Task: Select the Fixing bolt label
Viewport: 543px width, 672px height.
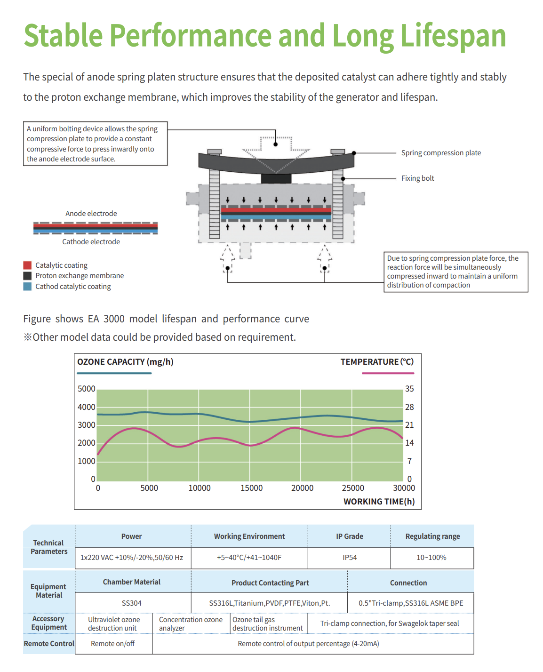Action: (417, 178)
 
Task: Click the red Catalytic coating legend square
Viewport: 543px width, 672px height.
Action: (27, 264)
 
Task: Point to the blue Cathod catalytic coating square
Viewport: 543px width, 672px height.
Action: (27, 286)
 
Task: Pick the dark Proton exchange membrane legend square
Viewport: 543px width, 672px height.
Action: (27, 275)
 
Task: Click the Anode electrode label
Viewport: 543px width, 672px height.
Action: (91, 213)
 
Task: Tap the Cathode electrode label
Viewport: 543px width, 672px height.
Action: (91, 241)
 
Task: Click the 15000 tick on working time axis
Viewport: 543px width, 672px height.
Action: (251, 488)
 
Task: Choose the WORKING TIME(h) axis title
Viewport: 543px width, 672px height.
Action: (379, 501)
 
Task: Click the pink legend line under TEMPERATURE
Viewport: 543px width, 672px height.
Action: (387, 373)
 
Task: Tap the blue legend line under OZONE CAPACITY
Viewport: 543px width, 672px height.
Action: (114, 373)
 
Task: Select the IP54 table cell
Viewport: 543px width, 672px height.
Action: (349, 557)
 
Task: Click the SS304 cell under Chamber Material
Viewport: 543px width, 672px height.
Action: (131, 603)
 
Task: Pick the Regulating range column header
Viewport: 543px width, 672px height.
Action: (432, 536)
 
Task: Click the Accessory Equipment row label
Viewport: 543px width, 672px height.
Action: (48, 623)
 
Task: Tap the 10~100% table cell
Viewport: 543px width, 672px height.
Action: (431, 557)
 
